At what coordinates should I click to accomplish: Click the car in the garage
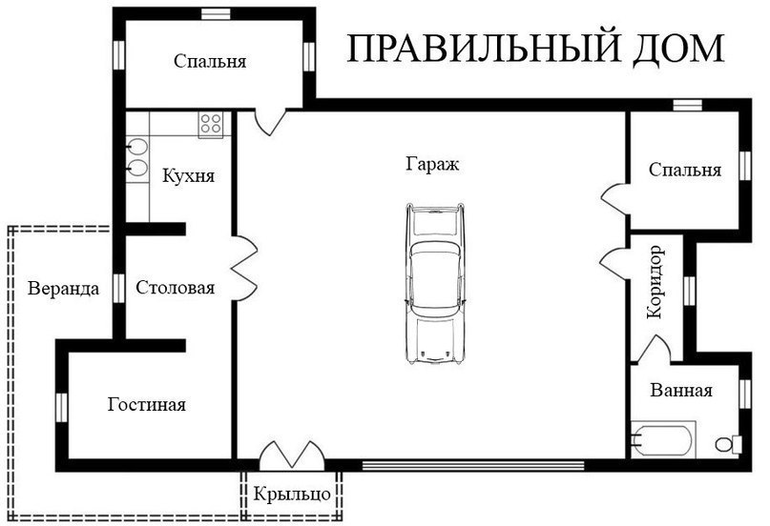435,284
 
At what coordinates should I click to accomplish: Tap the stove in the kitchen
211,125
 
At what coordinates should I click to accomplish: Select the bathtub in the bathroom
663,439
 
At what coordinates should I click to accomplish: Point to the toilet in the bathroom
728,444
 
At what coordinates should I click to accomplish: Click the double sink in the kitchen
137,158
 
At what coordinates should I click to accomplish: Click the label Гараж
432,164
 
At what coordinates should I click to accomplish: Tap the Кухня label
189,176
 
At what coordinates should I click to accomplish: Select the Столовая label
176,288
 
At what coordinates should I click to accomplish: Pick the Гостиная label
147,405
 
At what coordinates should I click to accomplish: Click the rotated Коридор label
656,282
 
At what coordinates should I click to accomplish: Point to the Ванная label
681,391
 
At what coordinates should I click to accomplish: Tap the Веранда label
63,289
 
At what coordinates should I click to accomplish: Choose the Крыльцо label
292,495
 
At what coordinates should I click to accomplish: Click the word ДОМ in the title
678,49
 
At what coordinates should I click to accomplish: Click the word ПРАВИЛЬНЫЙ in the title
484,48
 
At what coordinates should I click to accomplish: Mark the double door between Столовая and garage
244,268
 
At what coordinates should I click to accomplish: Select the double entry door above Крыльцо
292,455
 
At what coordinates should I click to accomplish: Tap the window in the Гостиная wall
61,408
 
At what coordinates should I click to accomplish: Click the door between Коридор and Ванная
653,350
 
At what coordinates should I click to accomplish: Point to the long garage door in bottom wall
473,465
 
